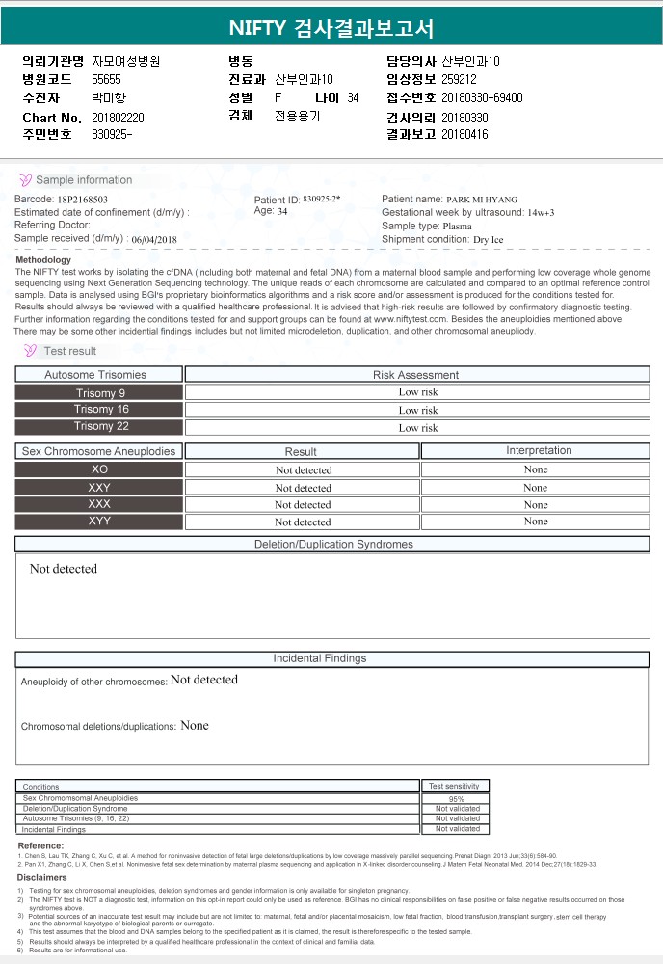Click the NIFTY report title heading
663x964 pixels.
pyautogui.click(x=331, y=27)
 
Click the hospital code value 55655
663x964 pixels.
pyautogui.click(x=106, y=79)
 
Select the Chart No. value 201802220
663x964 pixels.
pyautogui.click(x=118, y=117)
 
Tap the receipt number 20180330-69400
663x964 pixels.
pyautogui.click(x=482, y=97)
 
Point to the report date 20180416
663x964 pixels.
pyautogui.click(x=464, y=135)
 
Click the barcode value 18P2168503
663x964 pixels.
pyautogui.click(x=87, y=199)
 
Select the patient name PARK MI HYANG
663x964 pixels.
pyautogui.click(x=489, y=199)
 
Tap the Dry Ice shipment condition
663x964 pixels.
pyautogui.click(x=488, y=239)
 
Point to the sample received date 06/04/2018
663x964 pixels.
pyautogui.click(x=155, y=239)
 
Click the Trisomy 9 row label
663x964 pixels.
pyautogui.click(x=100, y=392)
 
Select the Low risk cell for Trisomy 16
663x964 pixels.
pyautogui.click(x=417, y=410)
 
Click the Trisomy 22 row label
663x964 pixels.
pyautogui.click(x=100, y=426)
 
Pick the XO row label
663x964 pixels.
pyautogui.click(x=100, y=469)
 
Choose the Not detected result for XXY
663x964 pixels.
pyautogui.click(x=303, y=488)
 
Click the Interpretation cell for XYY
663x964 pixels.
pyautogui.click(x=535, y=522)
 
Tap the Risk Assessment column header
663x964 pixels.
pyautogui.click(x=416, y=375)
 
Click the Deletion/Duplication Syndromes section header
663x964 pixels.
pyautogui.click(x=332, y=545)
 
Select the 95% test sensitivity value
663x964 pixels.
pyautogui.click(x=457, y=799)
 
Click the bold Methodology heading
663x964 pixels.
pyautogui.click(x=43, y=260)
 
